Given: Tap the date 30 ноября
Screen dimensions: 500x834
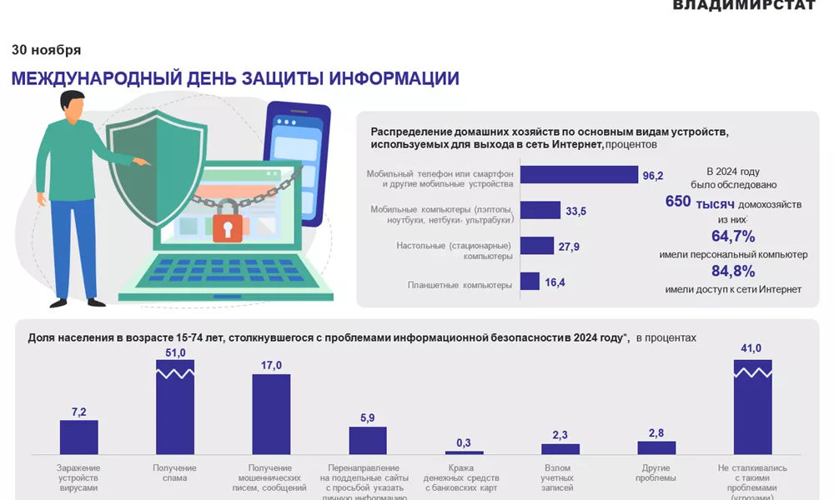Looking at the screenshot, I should (x=47, y=50).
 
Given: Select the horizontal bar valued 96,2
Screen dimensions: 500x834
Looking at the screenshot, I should (x=579, y=174).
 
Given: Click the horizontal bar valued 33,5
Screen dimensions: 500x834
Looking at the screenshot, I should (x=540, y=210).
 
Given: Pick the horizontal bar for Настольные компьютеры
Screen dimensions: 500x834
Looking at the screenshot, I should (x=537, y=246).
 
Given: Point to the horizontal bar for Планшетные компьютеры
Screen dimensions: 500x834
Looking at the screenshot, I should (x=530, y=282).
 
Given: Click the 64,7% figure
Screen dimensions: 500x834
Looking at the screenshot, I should (x=733, y=237).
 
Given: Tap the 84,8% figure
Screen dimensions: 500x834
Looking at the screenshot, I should (x=733, y=272).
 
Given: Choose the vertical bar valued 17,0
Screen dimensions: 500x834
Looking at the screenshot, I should (x=271, y=414).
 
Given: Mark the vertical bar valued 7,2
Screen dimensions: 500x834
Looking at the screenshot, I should (x=79, y=437).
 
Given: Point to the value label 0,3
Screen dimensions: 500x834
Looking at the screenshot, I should (x=464, y=442).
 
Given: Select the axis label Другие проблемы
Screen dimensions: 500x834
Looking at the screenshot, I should (x=656, y=473).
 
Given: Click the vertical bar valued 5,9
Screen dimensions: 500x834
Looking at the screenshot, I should (x=368, y=440).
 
